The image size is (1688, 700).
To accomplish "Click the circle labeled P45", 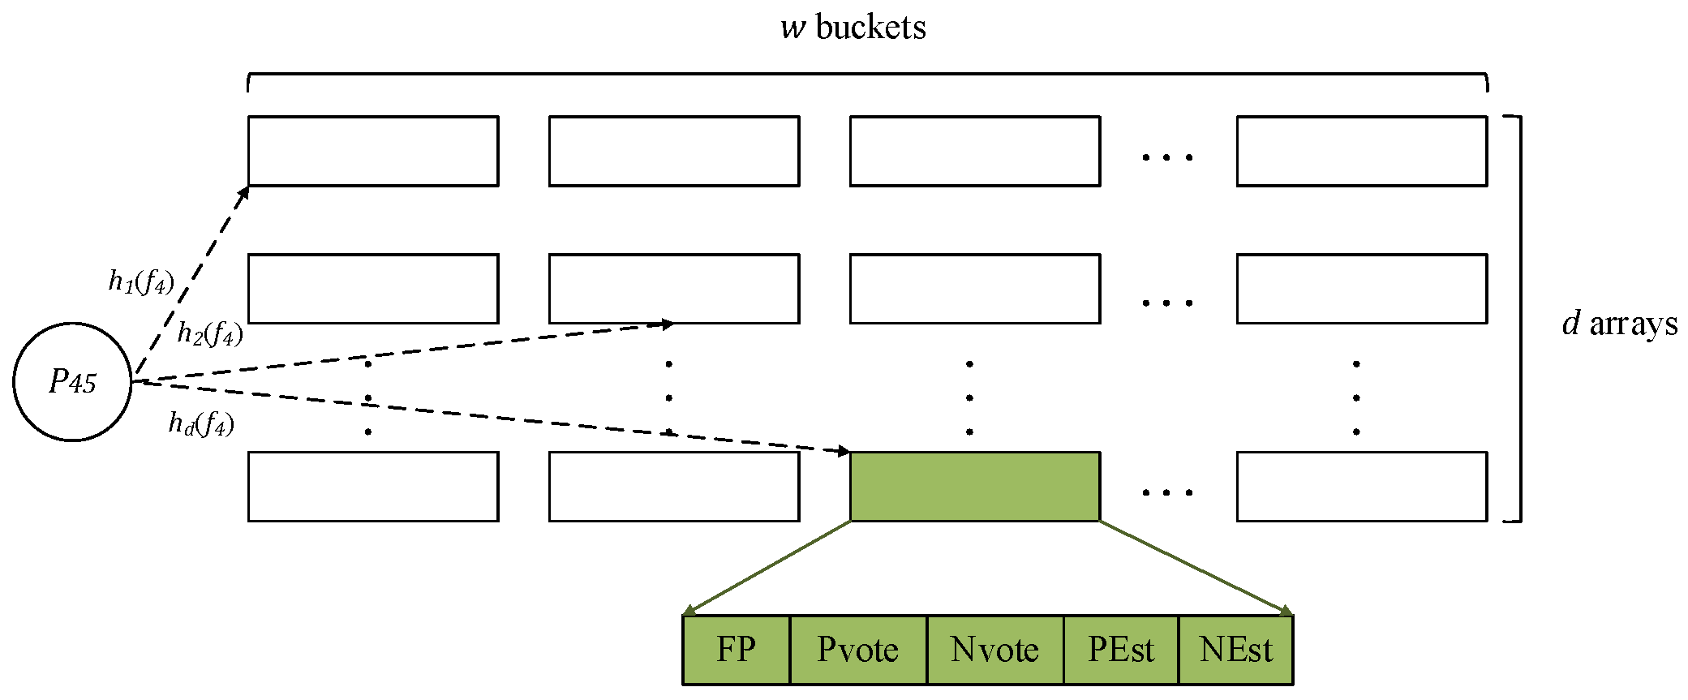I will pyautogui.click(x=72, y=381).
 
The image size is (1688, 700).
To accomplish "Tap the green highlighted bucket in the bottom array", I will pyautogui.click(x=974, y=486).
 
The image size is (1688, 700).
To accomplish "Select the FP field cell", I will pyautogui.click(x=736, y=650).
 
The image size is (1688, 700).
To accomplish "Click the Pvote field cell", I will pyautogui.click(x=857, y=650).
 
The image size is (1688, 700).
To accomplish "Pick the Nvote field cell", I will pyautogui.click(x=994, y=650).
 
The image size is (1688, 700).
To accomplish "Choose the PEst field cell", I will pyautogui.click(x=1120, y=650).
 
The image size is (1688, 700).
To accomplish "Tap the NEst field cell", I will pyautogui.click(x=1235, y=650).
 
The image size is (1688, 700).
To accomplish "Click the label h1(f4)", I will pyautogui.click(x=141, y=281).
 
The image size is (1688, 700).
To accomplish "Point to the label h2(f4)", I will pyautogui.click(x=210, y=333).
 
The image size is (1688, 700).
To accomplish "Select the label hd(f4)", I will pyautogui.click(x=201, y=423).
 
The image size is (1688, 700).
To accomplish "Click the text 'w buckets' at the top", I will pyautogui.click(x=853, y=28).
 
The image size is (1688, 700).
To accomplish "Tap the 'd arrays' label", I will pyautogui.click(x=1619, y=324).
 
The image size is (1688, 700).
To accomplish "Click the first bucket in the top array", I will pyautogui.click(x=373, y=151).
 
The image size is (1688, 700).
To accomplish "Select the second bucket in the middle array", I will pyautogui.click(x=673, y=289).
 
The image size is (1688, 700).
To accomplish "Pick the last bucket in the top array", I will pyautogui.click(x=1361, y=151).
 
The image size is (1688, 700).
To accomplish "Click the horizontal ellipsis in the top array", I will pyautogui.click(x=1167, y=157).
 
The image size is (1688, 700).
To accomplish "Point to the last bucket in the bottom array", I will pyautogui.click(x=1361, y=486).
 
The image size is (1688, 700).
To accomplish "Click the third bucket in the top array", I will pyautogui.click(x=974, y=151).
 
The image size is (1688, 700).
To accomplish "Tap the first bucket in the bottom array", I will pyautogui.click(x=373, y=486).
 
